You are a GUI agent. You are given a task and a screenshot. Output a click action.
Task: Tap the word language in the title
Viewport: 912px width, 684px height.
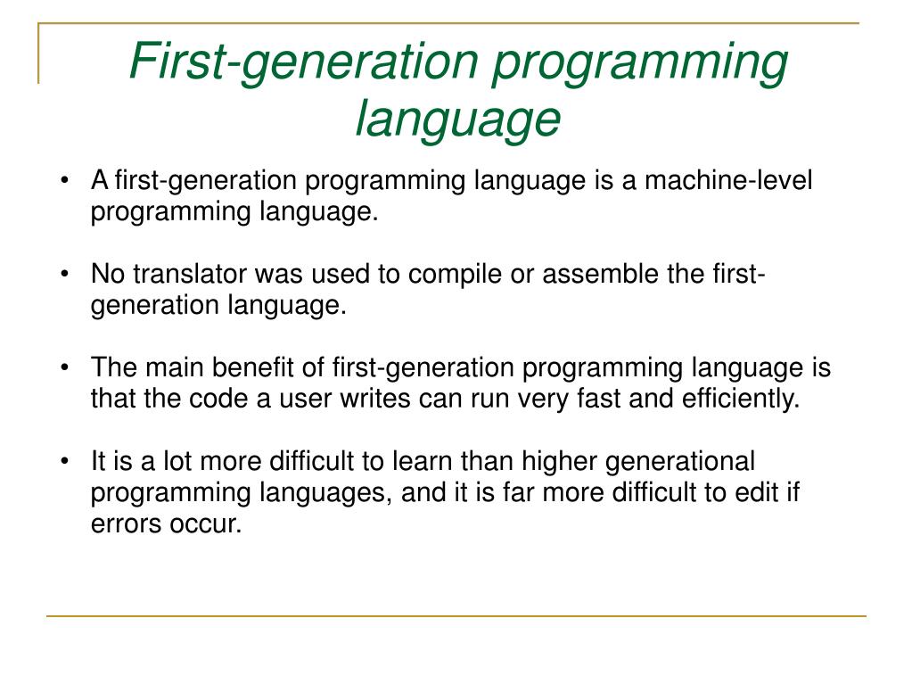click(457, 119)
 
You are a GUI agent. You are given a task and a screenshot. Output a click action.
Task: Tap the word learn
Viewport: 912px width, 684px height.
click(426, 462)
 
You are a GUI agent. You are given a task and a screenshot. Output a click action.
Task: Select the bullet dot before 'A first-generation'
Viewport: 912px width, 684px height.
click(68, 182)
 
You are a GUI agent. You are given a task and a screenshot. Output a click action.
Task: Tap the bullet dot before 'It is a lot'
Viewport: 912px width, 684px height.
click(68, 463)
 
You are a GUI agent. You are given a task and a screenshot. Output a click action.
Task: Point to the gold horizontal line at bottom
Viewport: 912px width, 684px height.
click(456, 615)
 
